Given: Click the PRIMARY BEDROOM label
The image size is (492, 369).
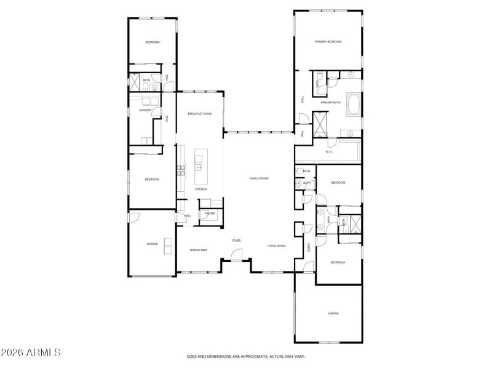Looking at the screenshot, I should point(328,42).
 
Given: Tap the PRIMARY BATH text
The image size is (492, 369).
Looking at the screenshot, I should point(330,103).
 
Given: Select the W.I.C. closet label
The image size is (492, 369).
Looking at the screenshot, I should point(329,151).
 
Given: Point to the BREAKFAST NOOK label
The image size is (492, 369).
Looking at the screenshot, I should point(199,114).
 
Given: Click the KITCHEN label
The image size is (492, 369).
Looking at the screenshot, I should point(200,189).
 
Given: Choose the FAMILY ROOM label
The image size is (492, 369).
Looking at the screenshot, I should point(259,178).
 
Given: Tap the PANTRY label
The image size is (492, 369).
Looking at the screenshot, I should point(210,214).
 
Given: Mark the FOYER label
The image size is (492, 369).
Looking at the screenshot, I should point(236,240).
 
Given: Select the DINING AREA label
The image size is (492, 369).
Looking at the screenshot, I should point(198,250).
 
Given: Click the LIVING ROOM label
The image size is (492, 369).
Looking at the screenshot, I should point(276,246).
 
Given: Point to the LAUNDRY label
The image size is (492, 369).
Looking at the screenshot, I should point(145,111).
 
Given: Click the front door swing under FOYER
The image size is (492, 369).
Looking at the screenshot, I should point(237,253).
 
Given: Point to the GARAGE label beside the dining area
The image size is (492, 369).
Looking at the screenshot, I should point(152,244).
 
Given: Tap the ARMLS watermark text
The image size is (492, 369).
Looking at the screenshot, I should point(31,353).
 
